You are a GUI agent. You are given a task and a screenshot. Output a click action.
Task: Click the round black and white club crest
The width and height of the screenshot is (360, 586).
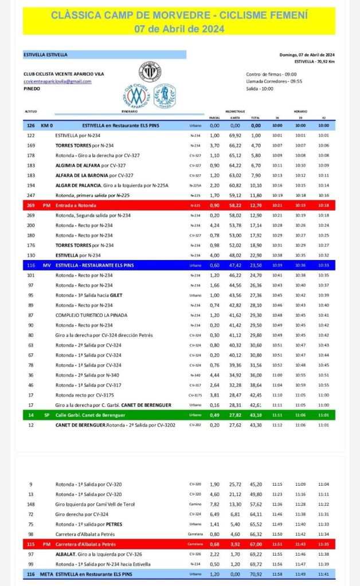point(150,72)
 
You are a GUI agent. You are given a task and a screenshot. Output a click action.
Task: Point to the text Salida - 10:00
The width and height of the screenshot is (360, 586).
point(261,89)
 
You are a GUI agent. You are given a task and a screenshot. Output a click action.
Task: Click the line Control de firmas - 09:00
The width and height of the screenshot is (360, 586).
point(271,74)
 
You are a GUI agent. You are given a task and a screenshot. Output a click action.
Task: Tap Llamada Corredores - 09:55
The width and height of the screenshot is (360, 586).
point(273,81)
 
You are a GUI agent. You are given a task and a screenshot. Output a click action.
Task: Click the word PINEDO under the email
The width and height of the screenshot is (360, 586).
point(32,89)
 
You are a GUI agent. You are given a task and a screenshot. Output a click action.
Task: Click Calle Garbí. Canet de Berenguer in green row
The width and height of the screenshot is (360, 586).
point(90,414)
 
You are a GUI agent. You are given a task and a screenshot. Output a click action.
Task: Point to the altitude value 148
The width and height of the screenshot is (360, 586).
point(31,504)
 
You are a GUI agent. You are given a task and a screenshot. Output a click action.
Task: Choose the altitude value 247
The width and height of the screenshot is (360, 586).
point(31,195)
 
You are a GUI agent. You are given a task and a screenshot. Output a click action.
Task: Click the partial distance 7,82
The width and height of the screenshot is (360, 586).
point(214,504)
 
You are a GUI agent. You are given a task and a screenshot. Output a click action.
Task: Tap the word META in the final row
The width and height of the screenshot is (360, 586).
point(46,573)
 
